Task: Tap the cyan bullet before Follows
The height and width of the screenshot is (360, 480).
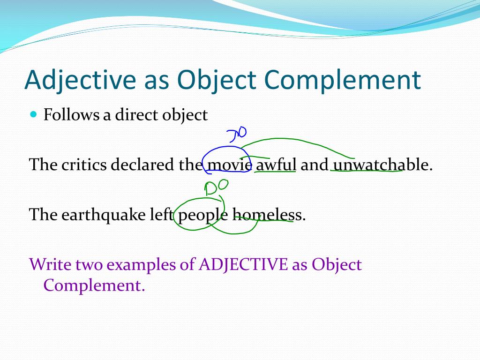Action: point(33,114)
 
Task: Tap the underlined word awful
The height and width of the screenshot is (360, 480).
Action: point(276,165)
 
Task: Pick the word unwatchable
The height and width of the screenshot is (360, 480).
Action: point(382,165)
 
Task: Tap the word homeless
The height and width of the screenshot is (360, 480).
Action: point(268,215)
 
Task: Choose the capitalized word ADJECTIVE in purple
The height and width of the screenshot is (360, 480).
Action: point(243,264)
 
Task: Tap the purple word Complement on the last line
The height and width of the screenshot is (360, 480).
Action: point(94,285)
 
